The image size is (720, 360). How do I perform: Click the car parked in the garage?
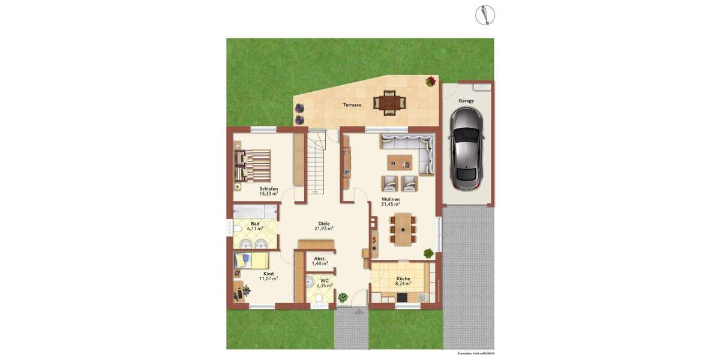pos(467,150)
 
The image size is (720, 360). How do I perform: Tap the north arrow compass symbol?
pos(485,15)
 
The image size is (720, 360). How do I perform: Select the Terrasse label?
pos(352,105)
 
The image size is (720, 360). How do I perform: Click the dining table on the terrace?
pos(390,102)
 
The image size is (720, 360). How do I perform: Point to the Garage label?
pos(466,101)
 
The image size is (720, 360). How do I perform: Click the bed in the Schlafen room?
pos(253,165)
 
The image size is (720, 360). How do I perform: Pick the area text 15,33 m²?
pos(268,194)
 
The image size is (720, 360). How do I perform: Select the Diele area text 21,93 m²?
pos(324,229)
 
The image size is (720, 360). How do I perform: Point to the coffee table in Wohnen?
pos(400,163)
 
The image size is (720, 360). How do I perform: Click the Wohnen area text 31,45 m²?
pos(391,205)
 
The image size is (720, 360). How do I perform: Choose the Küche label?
pos(403,278)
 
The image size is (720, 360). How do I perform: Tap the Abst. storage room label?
pos(320,259)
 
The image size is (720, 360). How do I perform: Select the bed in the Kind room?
pos(251,260)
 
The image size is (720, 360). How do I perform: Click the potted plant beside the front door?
pos(343,297)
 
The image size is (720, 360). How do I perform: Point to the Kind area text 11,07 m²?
pos(268,279)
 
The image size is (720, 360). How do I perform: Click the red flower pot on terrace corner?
pos(431,82)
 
